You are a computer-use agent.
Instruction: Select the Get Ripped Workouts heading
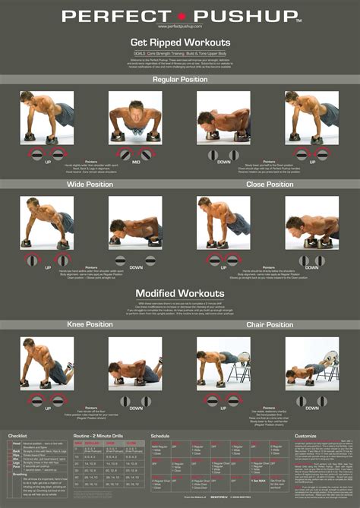(180, 43)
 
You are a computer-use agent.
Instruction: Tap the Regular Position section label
(180, 79)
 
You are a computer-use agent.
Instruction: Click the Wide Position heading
(90, 185)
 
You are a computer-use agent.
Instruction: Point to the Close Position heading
(270, 185)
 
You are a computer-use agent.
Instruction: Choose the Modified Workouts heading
(180, 293)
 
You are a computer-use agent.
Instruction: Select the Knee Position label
(90, 325)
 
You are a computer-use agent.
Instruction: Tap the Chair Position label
(270, 325)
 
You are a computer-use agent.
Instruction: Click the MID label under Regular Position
(136, 162)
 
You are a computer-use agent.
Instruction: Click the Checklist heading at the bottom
(17, 437)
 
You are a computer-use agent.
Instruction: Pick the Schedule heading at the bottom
(160, 437)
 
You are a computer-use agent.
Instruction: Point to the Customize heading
(305, 437)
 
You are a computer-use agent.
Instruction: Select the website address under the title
(180, 27)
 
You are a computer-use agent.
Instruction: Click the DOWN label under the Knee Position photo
(136, 408)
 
